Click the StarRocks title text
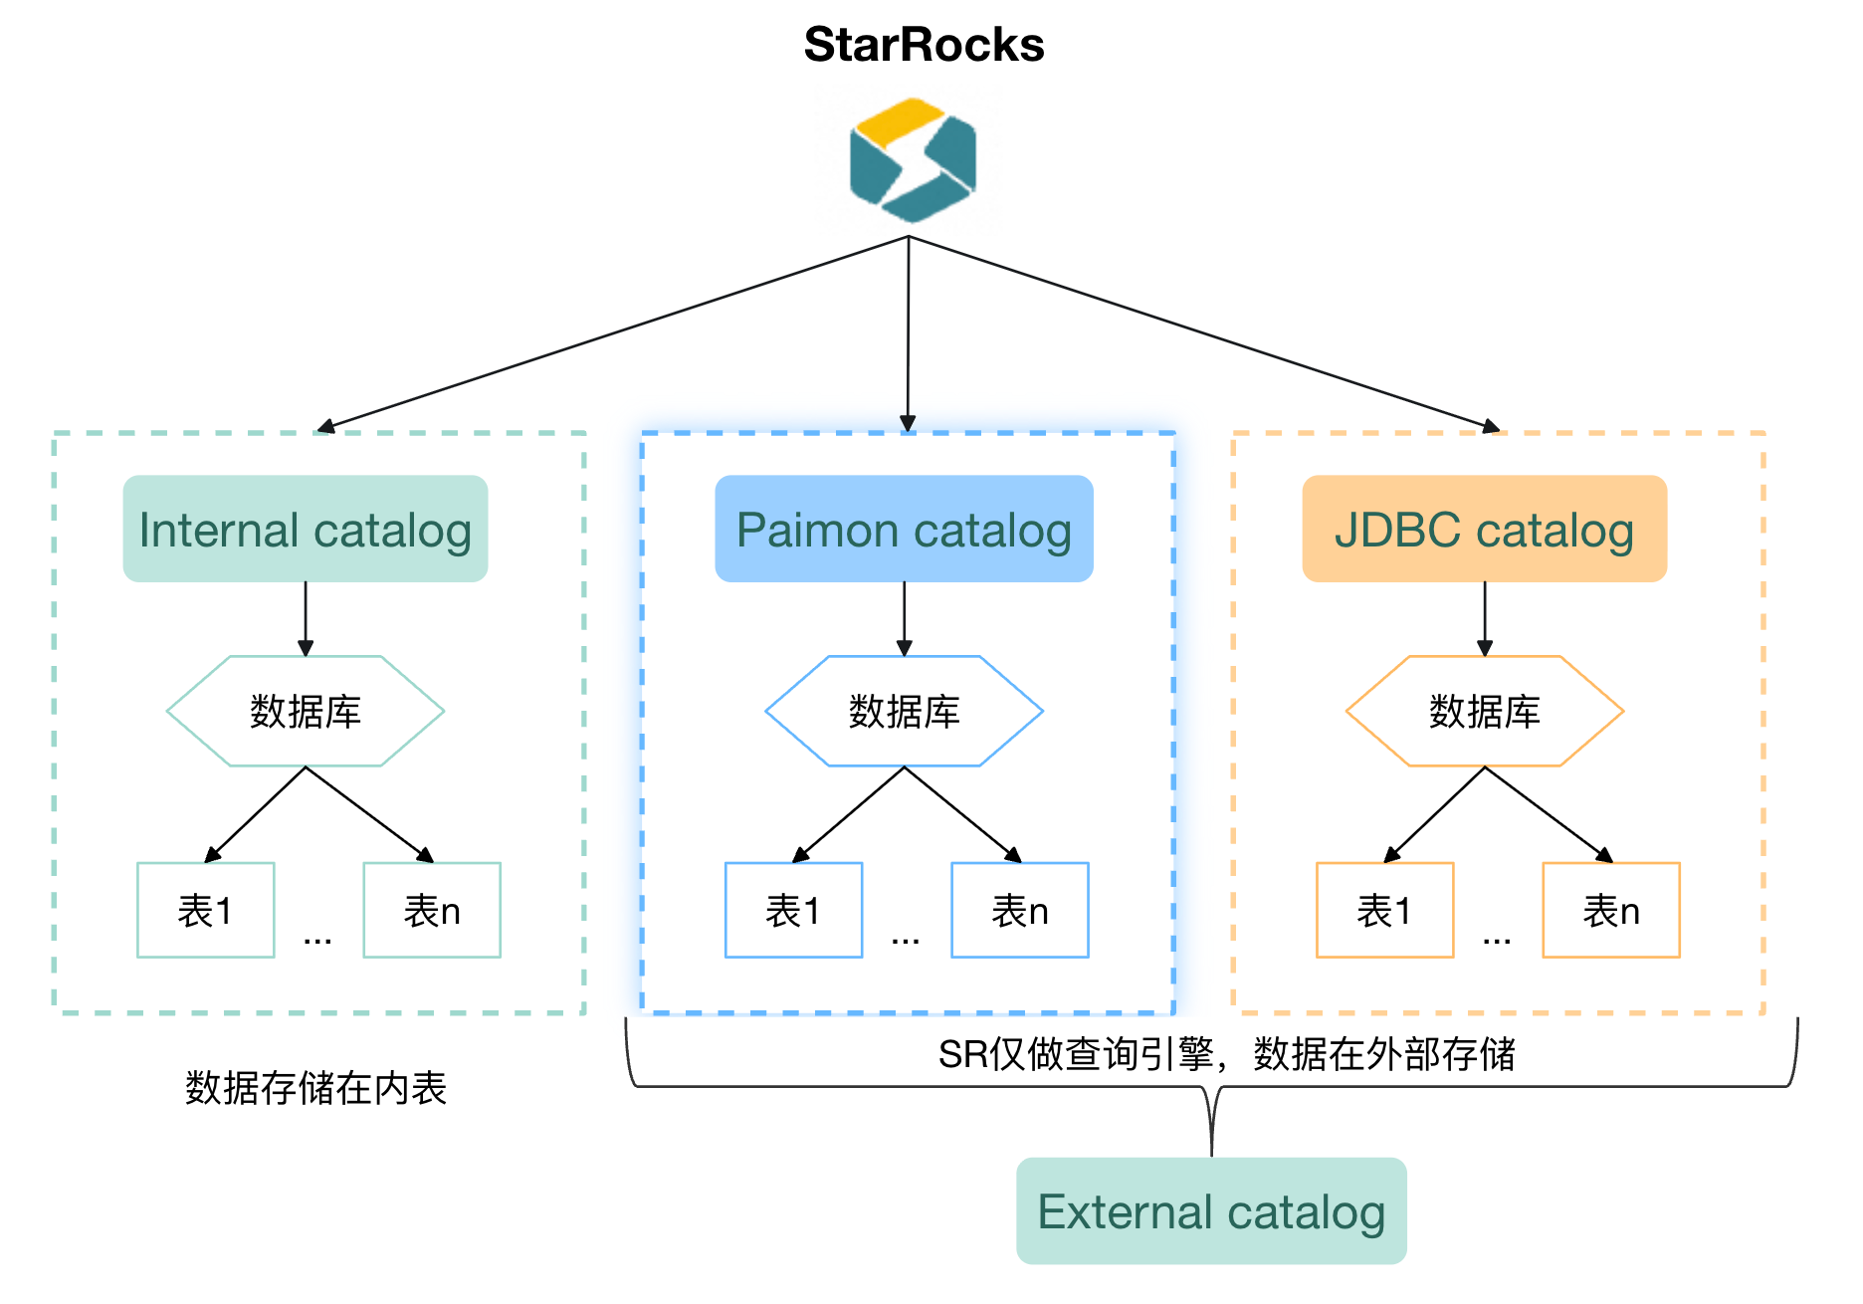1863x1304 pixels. tap(924, 45)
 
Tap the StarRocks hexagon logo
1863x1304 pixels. tap(913, 160)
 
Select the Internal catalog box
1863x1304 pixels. tap(306, 529)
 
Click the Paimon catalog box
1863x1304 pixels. tap(904, 529)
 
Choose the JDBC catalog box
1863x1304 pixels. tap(1484, 529)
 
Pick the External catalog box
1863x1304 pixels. tap(1211, 1210)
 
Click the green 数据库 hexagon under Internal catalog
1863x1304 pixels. tap(306, 711)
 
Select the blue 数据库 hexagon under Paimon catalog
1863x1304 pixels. tap(904, 711)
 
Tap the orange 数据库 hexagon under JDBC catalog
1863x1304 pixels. tap(1484, 711)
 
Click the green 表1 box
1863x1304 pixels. tap(206, 910)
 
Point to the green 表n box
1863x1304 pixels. tap(432, 910)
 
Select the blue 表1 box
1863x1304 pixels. tap(793, 910)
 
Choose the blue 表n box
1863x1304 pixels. tap(1020, 910)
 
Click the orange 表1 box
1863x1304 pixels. tap(1384, 910)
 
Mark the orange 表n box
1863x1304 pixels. tap(1611, 910)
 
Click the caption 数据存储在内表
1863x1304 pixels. tap(315, 1088)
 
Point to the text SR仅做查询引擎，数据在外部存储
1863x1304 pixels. tap(1226, 1053)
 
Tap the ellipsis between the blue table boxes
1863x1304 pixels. tap(906, 939)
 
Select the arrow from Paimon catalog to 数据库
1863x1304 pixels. tap(904, 618)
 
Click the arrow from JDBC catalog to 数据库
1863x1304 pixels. tap(1485, 618)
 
